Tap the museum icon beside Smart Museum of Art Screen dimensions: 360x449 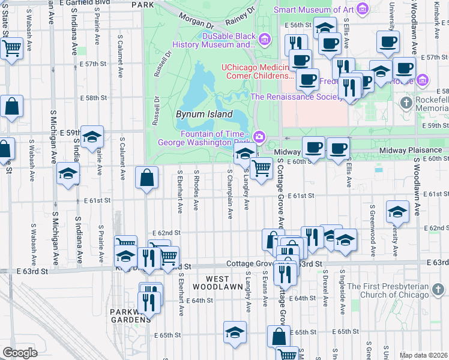point(361,10)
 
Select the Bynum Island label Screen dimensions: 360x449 point(204,114)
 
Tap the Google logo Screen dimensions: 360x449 point(20,353)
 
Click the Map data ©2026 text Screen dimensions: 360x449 point(423,355)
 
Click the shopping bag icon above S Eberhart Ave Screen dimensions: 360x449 point(147,178)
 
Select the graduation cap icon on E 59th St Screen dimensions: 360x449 point(92,137)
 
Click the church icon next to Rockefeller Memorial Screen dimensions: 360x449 point(406,103)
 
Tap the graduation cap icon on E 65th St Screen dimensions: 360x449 point(235,332)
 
